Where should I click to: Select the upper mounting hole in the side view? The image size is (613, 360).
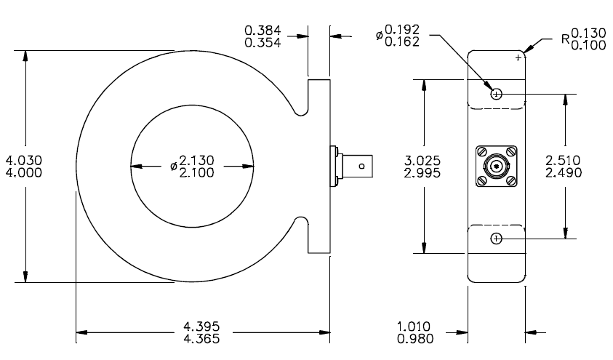coord(496,94)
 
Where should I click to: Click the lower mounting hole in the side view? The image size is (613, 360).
coord(496,239)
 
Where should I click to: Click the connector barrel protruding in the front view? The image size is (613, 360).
coord(357,167)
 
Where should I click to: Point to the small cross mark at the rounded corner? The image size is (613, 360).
coord(518,57)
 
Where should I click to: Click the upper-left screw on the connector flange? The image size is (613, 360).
coord(481,152)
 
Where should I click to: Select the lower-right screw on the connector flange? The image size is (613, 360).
coord(510,181)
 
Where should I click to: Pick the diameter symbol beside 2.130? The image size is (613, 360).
coord(174,166)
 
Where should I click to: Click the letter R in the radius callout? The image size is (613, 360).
coord(566,39)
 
